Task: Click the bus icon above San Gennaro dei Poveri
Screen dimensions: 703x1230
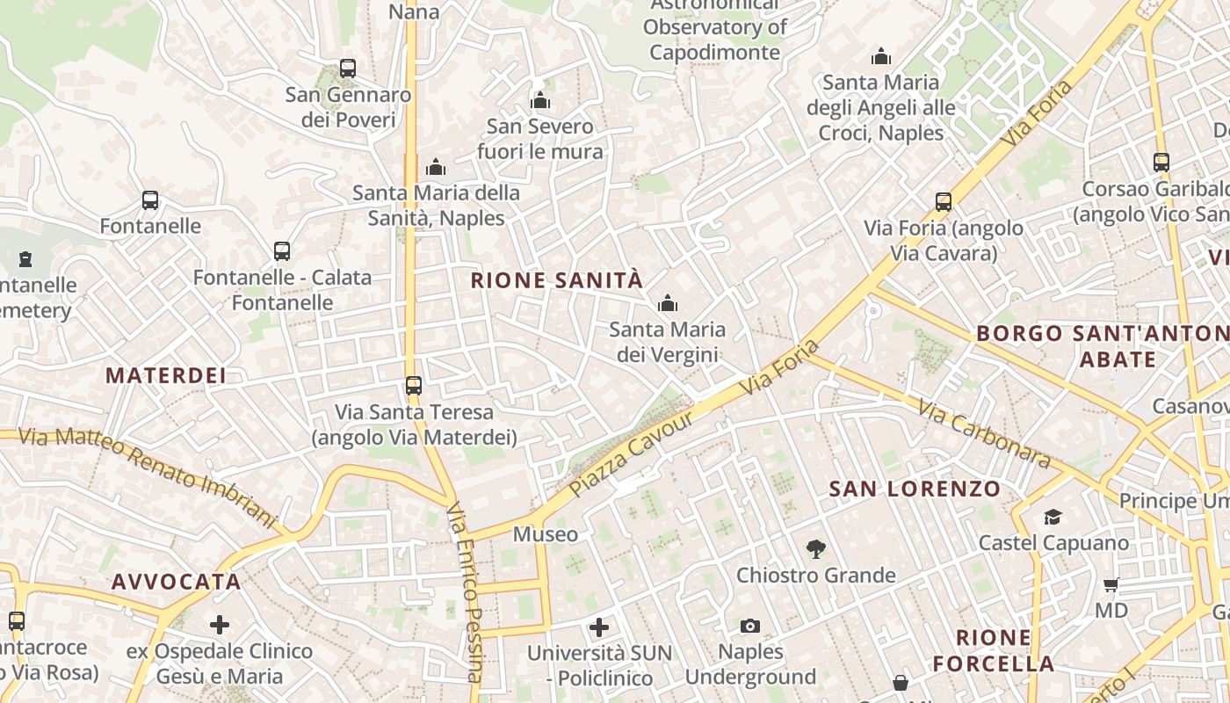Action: (348, 68)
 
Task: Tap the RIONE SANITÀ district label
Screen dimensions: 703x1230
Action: (557, 281)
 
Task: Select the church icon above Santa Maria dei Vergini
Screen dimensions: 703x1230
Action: (668, 304)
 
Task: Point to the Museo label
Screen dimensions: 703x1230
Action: (546, 534)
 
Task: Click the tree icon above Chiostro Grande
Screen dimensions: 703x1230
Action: (816, 550)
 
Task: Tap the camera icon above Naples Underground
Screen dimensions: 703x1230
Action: (749, 626)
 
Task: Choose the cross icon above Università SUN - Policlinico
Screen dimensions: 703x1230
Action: (599, 627)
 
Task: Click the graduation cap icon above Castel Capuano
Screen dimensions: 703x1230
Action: (1053, 517)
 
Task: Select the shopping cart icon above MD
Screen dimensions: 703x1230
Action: (1111, 584)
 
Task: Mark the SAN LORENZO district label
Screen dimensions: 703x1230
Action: (915, 489)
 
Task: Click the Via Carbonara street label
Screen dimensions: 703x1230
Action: (984, 433)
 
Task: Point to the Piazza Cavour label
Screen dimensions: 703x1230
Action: (631, 453)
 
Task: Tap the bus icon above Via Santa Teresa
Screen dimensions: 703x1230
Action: (413, 386)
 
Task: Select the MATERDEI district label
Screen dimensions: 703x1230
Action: (166, 375)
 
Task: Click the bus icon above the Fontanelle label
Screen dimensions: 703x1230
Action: (150, 200)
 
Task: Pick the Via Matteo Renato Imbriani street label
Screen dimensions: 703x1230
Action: (147, 476)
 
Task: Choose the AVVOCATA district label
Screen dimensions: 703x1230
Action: (176, 582)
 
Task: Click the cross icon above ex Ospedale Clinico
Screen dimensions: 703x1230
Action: (220, 625)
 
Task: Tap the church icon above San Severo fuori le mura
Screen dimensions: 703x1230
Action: (540, 101)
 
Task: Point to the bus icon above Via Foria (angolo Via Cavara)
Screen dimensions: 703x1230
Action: (944, 202)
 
